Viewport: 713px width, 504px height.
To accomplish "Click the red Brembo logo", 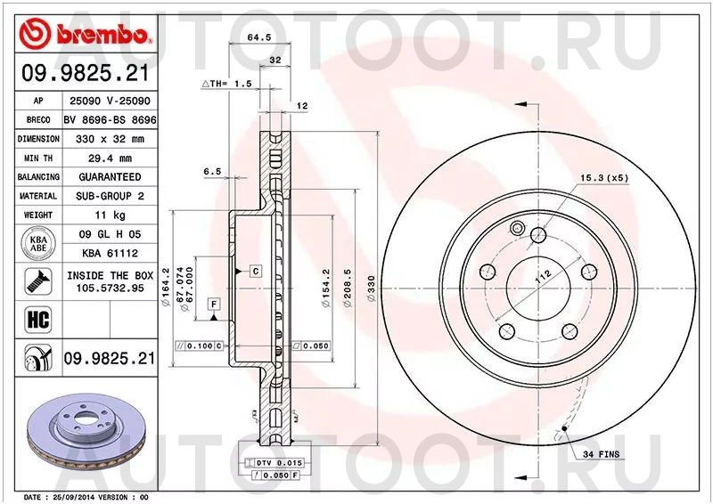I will tap(86, 34).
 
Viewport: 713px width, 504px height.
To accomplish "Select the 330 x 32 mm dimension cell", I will tap(109, 139).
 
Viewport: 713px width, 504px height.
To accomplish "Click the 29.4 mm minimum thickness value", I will tap(109, 158).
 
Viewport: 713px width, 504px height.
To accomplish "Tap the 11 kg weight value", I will tap(109, 215).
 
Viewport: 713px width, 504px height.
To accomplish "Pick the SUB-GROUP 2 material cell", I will tap(109, 196).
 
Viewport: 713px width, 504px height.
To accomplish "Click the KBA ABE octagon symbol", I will tap(37, 243).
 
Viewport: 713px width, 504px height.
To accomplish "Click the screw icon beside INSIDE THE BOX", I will tap(37, 281).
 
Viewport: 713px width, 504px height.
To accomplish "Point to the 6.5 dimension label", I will tap(212, 171).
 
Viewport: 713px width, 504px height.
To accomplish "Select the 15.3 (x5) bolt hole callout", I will tap(605, 178).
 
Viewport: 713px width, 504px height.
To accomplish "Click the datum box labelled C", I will tap(255, 270).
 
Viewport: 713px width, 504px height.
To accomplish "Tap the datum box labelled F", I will tap(215, 305).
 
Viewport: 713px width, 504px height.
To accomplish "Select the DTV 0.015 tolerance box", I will tap(280, 463).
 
